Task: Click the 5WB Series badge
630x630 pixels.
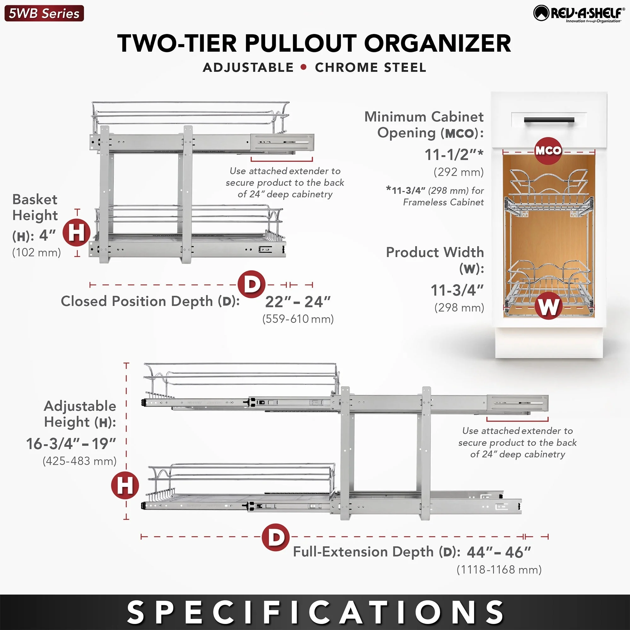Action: point(44,13)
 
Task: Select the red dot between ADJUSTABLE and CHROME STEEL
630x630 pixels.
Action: point(304,67)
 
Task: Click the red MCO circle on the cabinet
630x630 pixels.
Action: point(548,151)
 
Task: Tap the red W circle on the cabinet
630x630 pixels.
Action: point(548,306)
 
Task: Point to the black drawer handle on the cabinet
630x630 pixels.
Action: point(549,120)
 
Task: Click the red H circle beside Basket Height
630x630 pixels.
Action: point(77,232)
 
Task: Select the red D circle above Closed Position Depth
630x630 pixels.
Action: point(251,284)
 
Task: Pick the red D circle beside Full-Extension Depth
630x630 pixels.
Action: point(276,537)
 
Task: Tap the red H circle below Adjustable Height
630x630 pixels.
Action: point(125,485)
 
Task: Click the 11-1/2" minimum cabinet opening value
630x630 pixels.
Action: point(454,155)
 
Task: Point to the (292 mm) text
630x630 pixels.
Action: point(458,172)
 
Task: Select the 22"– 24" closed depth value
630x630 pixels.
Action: point(298,302)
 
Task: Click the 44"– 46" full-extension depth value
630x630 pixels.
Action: point(499,553)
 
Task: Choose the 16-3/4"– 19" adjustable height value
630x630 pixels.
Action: point(71,444)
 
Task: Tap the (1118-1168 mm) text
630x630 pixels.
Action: point(499,570)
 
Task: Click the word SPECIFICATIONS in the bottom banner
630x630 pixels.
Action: point(315,612)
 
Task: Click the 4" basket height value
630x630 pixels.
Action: point(47,235)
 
